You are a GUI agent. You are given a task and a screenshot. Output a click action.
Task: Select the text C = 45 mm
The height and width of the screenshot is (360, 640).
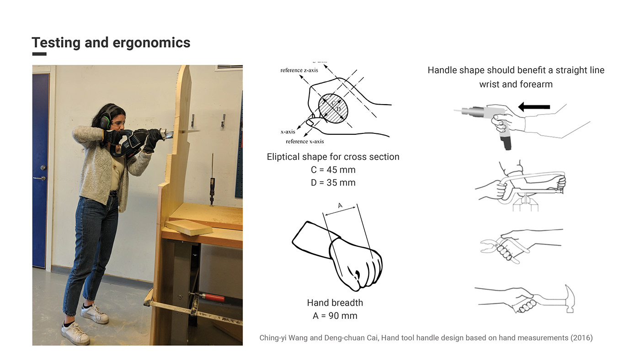click(x=332, y=170)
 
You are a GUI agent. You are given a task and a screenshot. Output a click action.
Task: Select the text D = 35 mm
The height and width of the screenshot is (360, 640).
click(x=332, y=183)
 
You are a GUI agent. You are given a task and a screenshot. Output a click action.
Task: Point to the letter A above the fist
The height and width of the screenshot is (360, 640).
click(x=340, y=206)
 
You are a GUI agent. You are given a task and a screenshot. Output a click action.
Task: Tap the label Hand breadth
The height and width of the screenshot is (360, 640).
click(x=335, y=303)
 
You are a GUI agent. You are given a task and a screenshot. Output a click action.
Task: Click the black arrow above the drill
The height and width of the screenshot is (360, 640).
click(x=534, y=106)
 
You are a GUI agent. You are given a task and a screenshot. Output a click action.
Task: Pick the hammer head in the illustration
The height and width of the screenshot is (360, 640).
click(x=570, y=299)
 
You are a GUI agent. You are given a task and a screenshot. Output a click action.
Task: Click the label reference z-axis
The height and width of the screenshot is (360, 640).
click(x=299, y=70)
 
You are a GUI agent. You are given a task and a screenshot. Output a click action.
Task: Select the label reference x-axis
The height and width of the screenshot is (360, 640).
click(x=305, y=141)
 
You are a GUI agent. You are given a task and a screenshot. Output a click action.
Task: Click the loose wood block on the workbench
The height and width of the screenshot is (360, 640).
click(x=188, y=227)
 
